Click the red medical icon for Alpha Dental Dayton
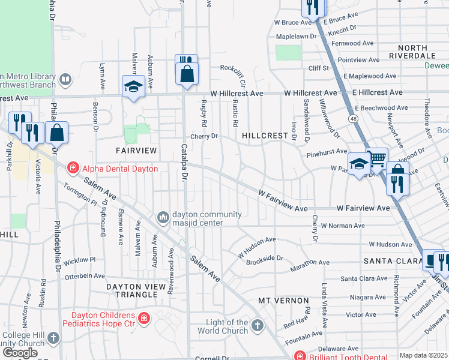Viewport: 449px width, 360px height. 73,169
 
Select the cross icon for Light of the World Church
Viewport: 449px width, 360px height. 257,326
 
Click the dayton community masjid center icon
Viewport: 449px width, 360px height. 163,216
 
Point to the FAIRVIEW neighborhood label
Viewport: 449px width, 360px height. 136,149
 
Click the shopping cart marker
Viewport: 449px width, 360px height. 377,159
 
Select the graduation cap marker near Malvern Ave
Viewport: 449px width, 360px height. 133,86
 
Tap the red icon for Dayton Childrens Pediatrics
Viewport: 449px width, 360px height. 143,317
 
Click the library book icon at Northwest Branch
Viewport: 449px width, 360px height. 65,79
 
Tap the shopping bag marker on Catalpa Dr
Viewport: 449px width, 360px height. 187,74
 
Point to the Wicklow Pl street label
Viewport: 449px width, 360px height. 79,260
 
